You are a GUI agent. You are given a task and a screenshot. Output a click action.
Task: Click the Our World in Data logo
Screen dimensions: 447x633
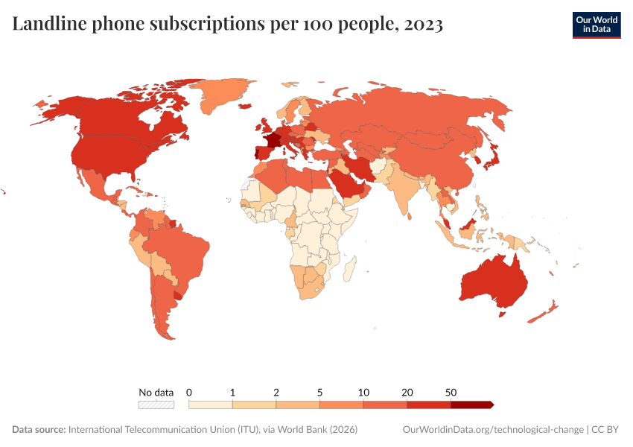[596, 25]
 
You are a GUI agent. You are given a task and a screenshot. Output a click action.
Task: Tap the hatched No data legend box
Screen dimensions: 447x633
[156, 405]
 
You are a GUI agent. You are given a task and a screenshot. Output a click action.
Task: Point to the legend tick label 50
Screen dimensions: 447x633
[451, 392]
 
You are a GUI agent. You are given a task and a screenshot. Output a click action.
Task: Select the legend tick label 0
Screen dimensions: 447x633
[189, 392]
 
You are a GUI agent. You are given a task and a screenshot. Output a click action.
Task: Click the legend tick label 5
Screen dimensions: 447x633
[319, 392]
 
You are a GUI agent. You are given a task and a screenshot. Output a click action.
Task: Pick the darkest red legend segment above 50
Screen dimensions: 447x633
[471, 405]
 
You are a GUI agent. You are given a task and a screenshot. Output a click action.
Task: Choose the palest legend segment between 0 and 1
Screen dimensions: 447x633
[211, 405]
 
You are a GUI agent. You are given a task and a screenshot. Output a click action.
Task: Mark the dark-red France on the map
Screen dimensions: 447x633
[273, 139]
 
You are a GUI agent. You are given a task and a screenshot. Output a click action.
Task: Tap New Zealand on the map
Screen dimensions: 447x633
[546, 311]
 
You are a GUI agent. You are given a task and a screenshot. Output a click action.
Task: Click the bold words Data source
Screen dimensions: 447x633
[39, 430]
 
